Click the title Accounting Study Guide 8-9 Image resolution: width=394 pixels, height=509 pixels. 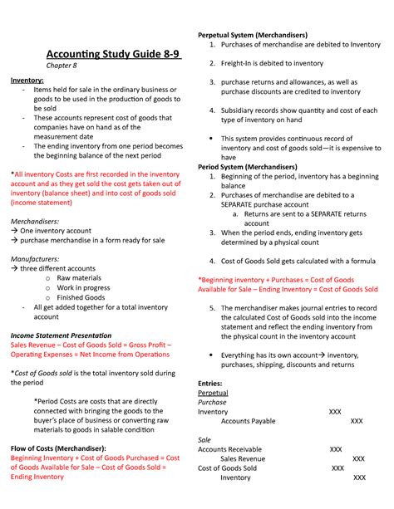coord(113,55)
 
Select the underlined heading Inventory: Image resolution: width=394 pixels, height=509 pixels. coord(27,81)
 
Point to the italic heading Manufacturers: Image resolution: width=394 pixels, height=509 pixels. coord(36,259)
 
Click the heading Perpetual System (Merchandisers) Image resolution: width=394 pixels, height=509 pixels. coord(252,35)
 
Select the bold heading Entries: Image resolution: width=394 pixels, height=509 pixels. coord(210,382)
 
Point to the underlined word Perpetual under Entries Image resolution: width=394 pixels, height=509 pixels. coord(213,392)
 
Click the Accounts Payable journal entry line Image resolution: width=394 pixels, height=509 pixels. coord(248,421)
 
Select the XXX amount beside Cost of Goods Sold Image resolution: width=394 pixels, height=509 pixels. coord(338,467)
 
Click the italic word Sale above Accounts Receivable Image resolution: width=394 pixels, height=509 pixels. coord(204,439)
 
